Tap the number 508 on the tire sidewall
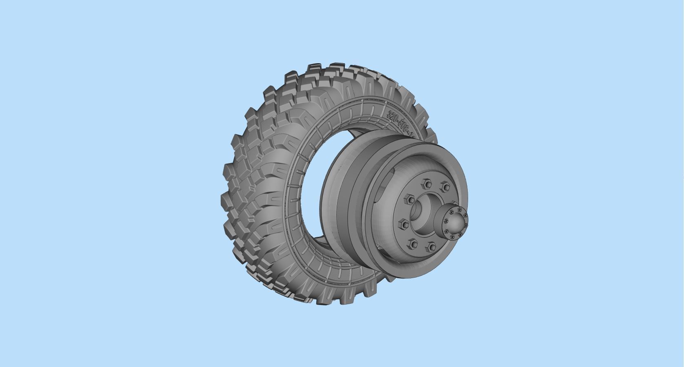pyautogui.click(x=404, y=126)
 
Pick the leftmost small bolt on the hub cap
pyautogui.click(x=446, y=221)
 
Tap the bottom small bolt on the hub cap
pyautogui.click(x=453, y=237)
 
